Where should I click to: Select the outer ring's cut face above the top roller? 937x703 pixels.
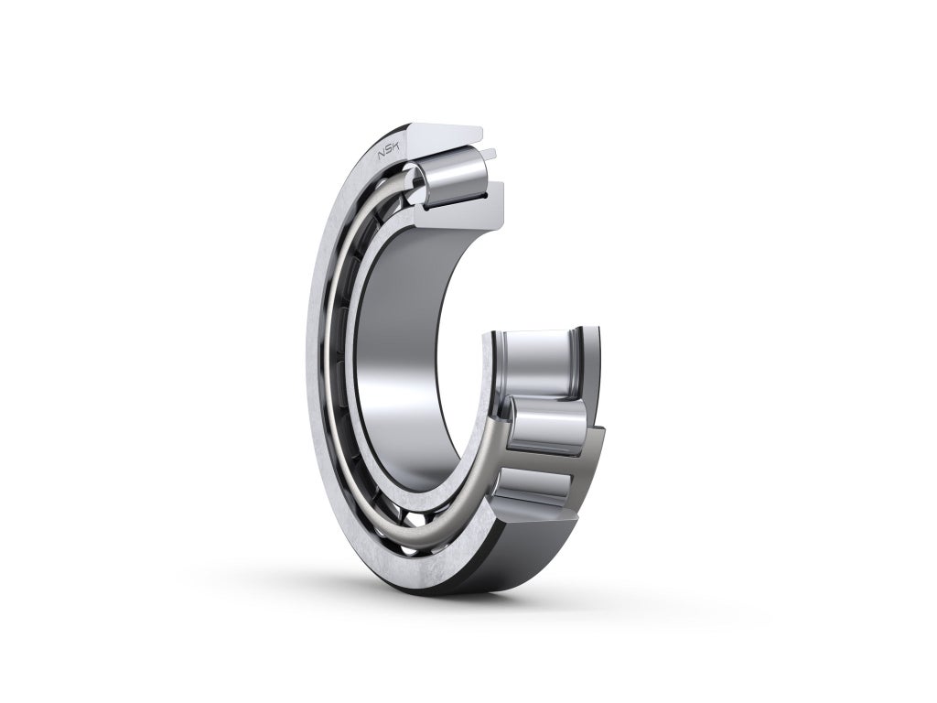444,133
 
